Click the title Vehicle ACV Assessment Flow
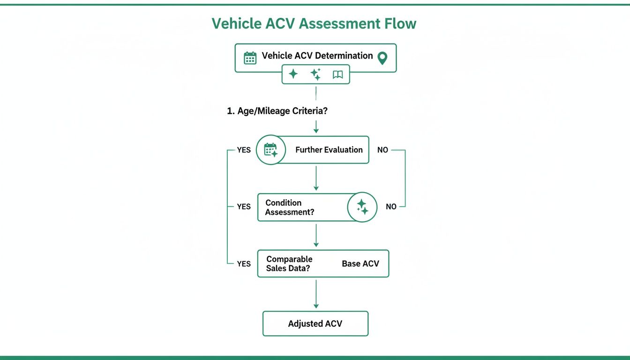[314, 23]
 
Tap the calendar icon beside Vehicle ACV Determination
[250, 58]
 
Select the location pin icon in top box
[382, 58]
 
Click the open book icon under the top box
[337, 75]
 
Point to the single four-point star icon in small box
[293, 74]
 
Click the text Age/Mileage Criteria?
[277, 112]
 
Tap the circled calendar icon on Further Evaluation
[271, 150]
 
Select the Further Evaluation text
[329, 150]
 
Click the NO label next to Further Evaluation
[382, 150]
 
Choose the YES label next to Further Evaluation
[244, 150]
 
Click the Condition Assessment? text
[289, 207]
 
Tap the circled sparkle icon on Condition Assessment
[362, 207]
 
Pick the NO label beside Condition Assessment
[391, 207]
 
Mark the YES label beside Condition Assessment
[244, 207]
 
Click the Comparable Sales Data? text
[289, 263]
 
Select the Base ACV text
[360, 263]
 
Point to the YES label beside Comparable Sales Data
[244, 264]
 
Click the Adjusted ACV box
[315, 323]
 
